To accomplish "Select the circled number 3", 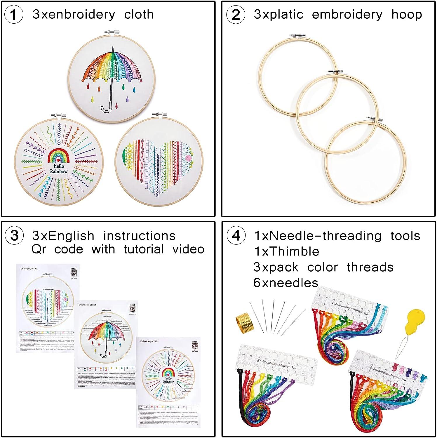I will tap(14, 236).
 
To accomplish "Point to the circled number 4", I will tap(236, 236).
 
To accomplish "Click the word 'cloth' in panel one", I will tap(139, 14).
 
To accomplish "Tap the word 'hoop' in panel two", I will tap(406, 14).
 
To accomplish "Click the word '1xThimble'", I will tap(287, 251).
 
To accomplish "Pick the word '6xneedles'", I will tap(286, 283).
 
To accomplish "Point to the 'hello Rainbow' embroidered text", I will tap(59, 169).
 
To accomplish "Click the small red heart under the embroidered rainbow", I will tap(58, 160).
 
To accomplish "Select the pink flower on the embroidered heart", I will tap(189, 158).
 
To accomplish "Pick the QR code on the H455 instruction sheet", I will tap(195, 346).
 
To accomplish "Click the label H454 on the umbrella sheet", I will tap(132, 305).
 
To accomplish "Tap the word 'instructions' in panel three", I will tap(139, 236).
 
